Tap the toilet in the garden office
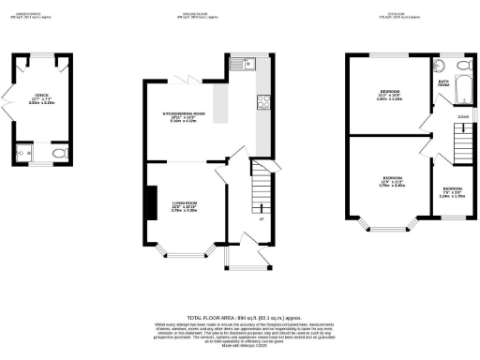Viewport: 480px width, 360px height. click(59, 152)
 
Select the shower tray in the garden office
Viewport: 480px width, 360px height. click(24, 152)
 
